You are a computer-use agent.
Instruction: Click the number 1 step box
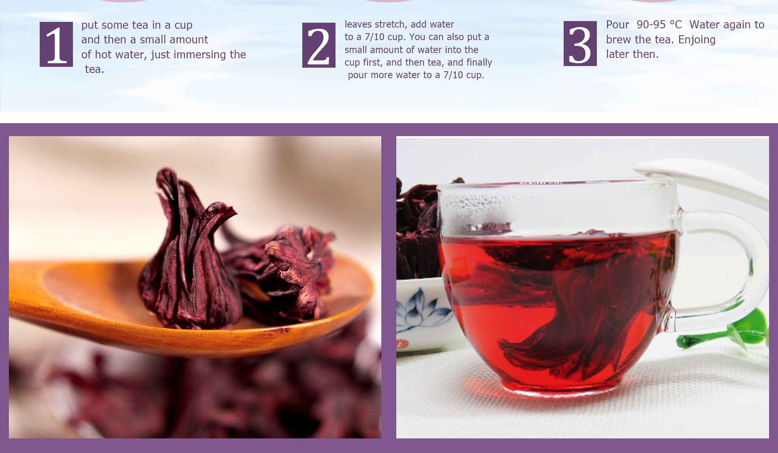(x=56, y=44)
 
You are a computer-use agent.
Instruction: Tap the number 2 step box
(x=319, y=45)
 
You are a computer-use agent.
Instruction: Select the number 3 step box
(x=580, y=43)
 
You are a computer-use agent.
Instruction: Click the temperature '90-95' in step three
(x=651, y=25)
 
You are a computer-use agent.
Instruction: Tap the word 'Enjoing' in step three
(x=697, y=40)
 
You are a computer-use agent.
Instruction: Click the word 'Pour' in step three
(x=618, y=25)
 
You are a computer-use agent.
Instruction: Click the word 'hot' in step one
(x=103, y=54)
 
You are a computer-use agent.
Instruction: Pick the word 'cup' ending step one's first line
(x=183, y=26)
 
